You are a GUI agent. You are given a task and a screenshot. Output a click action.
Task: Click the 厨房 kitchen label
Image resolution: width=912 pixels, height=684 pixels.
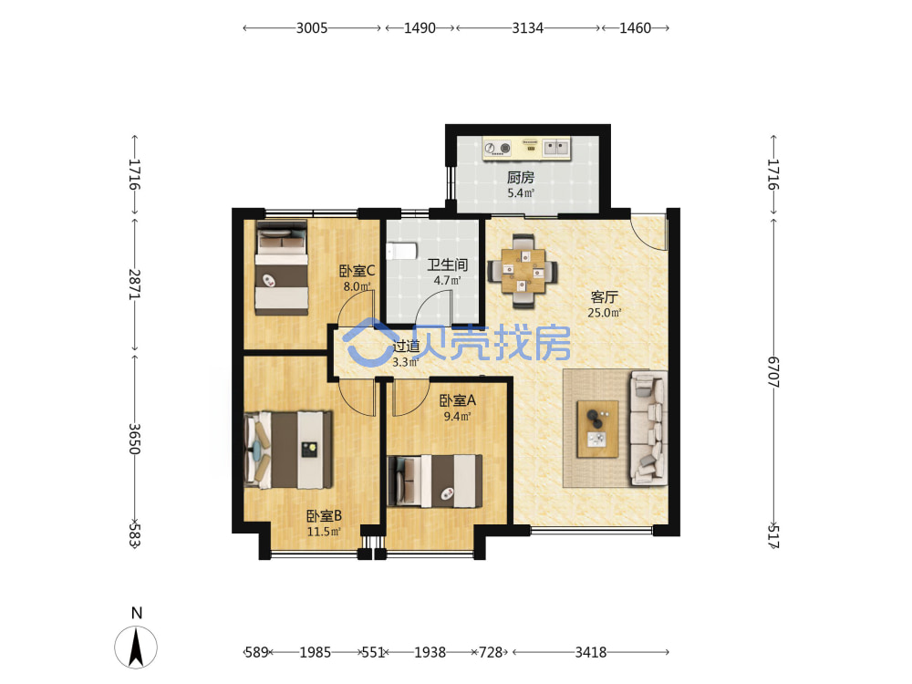[520, 177]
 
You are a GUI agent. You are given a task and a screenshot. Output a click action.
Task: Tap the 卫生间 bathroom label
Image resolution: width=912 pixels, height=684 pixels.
[447, 264]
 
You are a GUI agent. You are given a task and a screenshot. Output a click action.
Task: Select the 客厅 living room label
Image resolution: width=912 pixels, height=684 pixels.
[604, 297]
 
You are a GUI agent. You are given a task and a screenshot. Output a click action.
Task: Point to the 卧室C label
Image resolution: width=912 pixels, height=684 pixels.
[357, 271]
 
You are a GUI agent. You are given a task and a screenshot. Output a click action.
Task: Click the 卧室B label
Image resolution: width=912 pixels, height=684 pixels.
[324, 516]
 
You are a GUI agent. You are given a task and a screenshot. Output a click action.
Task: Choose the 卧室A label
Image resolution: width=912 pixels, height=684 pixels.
[457, 400]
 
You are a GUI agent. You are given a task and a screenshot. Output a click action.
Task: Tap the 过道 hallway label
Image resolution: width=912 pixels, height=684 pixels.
[406, 346]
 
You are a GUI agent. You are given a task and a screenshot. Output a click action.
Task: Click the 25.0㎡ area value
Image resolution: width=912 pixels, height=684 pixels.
[605, 313]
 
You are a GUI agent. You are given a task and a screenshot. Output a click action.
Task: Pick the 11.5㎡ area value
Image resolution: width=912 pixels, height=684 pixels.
[324, 532]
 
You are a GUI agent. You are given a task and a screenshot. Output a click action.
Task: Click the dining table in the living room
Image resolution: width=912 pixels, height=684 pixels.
[523, 271]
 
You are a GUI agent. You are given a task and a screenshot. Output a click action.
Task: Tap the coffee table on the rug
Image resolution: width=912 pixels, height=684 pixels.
[597, 429]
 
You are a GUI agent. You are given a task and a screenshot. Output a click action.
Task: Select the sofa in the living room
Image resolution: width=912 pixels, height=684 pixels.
[648, 428]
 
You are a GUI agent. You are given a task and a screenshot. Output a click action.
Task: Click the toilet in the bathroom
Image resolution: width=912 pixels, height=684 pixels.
[402, 252]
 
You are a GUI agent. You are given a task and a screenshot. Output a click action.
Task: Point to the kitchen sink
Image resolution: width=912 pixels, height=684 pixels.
[556, 147]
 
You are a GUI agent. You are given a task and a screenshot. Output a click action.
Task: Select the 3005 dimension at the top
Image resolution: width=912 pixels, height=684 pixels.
[312, 28]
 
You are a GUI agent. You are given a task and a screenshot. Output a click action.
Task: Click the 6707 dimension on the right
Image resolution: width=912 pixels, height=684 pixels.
[773, 372]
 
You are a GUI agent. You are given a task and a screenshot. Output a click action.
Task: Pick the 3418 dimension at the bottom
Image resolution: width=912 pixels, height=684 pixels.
[591, 653]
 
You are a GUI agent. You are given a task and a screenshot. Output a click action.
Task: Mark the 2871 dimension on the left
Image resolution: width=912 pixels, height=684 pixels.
[134, 285]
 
